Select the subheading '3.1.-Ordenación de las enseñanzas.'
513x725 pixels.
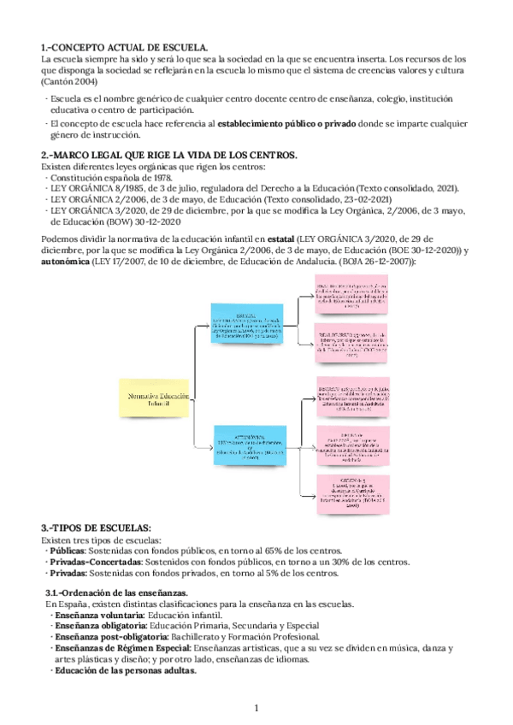click(x=117, y=592)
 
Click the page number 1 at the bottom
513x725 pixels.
click(x=256, y=709)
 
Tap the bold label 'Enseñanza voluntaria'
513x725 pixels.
click(x=97, y=615)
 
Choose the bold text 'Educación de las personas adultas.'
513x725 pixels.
click(x=124, y=670)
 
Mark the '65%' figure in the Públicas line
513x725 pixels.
click(x=253, y=551)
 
